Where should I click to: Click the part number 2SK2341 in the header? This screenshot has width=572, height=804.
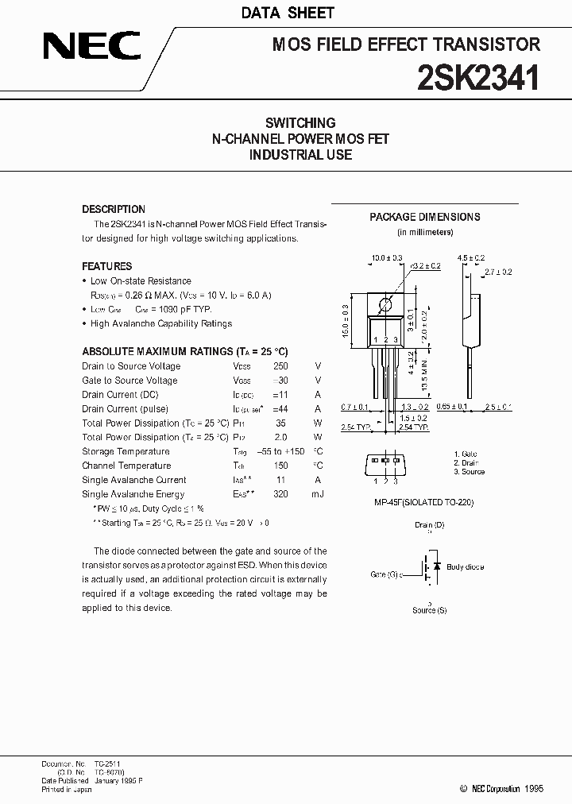point(480,78)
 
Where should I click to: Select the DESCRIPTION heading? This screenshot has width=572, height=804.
point(114,210)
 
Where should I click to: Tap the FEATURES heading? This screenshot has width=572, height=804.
point(107,267)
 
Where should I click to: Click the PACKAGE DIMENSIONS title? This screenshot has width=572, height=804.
point(425,217)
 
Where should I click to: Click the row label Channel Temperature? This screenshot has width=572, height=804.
point(126,466)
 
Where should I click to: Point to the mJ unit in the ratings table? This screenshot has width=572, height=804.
point(318,494)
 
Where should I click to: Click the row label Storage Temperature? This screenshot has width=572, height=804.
point(126,451)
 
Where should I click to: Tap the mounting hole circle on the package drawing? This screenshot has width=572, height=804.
point(386,303)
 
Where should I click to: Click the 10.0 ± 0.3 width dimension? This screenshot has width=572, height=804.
point(387,258)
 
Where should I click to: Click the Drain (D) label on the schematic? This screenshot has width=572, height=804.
point(429,525)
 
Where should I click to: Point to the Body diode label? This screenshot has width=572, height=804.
point(465,567)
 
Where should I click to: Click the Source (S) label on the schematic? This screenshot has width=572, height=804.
point(429,610)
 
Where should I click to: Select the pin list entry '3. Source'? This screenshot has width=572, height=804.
point(469,472)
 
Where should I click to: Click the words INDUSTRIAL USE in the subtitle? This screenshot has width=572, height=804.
point(300,155)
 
